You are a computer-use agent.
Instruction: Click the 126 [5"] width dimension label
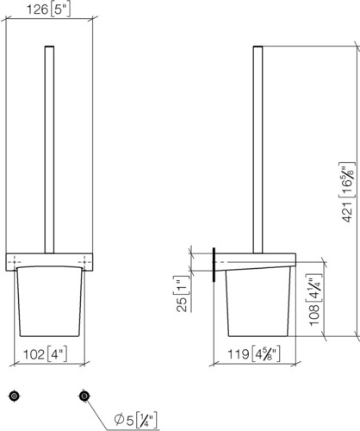click(48, 9)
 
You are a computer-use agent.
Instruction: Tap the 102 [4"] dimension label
click(46, 354)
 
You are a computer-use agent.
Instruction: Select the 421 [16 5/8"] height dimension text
click(347, 192)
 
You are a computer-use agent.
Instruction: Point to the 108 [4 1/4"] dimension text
click(314, 300)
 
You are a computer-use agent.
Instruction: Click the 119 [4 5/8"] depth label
click(254, 354)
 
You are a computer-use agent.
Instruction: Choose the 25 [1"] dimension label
click(182, 294)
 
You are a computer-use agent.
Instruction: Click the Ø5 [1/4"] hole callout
click(135, 421)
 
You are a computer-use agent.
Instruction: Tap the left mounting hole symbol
click(14, 397)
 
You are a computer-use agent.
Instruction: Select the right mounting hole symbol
click(84, 397)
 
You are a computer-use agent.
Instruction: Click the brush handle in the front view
click(49, 149)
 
